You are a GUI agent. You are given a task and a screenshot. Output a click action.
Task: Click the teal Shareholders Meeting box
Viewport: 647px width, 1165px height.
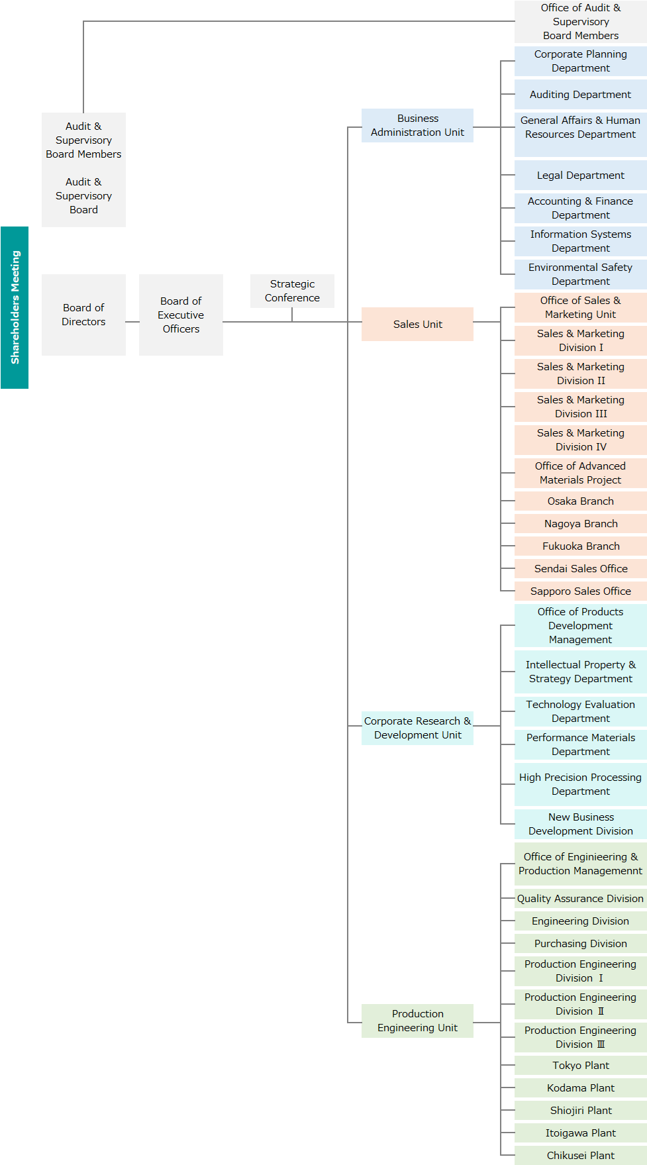[x=15, y=307]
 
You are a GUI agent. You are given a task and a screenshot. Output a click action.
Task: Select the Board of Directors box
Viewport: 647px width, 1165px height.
[x=83, y=315]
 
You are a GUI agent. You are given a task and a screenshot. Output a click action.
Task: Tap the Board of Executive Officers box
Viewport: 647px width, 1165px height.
[x=181, y=315]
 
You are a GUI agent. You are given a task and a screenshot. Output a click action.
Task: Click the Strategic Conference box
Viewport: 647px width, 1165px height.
[x=292, y=291]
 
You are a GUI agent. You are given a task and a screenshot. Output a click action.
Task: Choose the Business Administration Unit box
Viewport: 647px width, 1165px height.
[x=417, y=125]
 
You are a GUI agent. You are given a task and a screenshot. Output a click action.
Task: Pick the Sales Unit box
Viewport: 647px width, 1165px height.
[x=417, y=324]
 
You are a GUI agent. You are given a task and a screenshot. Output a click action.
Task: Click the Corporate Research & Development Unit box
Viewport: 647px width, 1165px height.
[x=417, y=728]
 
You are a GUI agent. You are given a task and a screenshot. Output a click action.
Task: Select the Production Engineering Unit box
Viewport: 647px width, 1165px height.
[x=417, y=1021]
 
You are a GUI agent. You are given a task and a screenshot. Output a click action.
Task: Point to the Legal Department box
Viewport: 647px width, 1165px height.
[x=581, y=176]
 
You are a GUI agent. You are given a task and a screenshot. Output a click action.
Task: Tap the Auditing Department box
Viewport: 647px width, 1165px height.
[x=581, y=95]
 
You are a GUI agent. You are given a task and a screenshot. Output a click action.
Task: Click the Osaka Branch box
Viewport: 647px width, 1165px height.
[x=581, y=501]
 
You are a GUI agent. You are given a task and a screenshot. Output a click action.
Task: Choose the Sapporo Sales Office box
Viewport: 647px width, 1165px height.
[x=581, y=591]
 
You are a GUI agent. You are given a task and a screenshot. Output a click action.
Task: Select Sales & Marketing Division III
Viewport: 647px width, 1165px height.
[x=581, y=407]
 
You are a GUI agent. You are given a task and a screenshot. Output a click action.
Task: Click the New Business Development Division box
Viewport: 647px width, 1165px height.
[x=581, y=824]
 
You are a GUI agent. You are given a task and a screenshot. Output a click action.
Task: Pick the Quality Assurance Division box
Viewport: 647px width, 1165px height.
[x=581, y=899]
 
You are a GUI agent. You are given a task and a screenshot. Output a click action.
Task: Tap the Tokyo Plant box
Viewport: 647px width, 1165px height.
[x=581, y=1066]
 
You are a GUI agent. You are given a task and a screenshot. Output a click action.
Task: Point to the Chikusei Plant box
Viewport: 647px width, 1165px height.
[x=581, y=1156]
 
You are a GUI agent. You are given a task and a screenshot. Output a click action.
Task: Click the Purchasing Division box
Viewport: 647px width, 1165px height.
[x=581, y=944]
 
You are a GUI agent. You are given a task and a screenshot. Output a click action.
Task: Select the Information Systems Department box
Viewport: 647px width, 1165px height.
[x=581, y=241]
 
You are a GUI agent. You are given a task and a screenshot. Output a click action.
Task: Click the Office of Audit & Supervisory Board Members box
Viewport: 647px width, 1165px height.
[x=581, y=22]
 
